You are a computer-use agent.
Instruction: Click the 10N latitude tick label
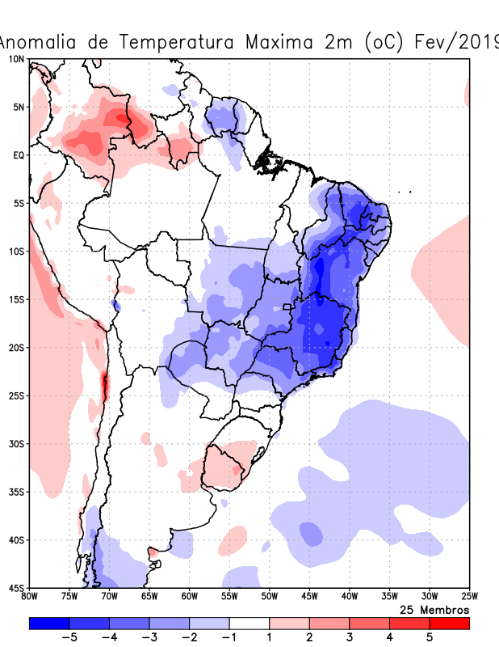pos(16,59)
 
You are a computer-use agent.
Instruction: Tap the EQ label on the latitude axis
pos(18,154)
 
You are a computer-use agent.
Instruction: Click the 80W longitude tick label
pos(30,598)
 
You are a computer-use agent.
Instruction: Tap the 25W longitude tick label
pos(468,598)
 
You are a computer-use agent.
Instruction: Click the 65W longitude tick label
pos(149,598)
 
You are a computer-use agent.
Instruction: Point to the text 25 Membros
pos(434,609)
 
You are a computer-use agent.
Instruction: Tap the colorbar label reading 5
pos(429,637)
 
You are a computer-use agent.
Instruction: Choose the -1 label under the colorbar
pos(229,637)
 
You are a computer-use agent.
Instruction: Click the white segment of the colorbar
pos(249,624)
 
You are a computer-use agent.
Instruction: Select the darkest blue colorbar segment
pos(49,624)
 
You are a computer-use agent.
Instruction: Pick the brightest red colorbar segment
pos(449,624)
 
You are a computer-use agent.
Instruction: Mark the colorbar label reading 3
pos(349,637)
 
